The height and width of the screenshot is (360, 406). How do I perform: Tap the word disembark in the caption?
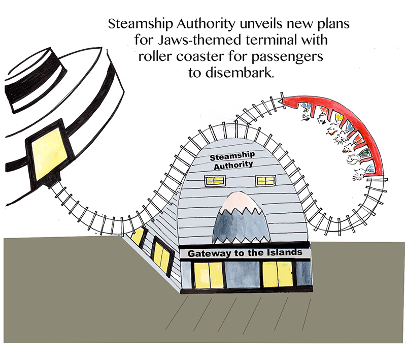[240, 73]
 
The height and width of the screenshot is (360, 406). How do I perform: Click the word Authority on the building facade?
[233, 165]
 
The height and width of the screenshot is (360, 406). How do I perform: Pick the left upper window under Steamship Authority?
[215, 181]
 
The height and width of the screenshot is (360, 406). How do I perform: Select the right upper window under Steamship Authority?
[265, 181]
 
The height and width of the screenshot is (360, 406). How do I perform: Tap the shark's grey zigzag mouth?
[241, 226]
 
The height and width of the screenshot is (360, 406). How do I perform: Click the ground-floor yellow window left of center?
[209, 275]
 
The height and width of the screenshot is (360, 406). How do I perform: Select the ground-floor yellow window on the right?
[278, 274]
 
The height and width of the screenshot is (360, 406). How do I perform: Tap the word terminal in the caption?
[270, 40]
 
